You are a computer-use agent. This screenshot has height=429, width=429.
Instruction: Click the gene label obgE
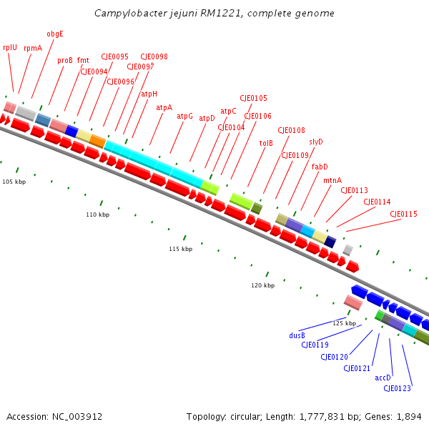click(x=55, y=34)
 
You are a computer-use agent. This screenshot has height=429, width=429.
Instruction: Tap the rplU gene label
click(x=10, y=47)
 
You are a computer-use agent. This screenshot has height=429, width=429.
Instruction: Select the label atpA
click(x=164, y=107)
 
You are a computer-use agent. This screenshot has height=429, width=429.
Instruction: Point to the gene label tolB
click(x=266, y=143)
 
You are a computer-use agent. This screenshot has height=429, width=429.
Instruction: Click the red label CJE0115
click(x=403, y=214)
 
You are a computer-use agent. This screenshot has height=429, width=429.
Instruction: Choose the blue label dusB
click(x=297, y=335)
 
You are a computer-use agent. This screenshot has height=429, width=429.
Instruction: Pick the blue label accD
click(x=383, y=378)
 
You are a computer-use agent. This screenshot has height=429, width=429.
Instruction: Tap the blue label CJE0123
click(x=397, y=388)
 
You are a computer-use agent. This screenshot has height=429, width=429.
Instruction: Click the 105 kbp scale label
click(x=14, y=182)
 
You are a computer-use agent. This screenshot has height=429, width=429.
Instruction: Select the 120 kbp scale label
click(x=262, y=285)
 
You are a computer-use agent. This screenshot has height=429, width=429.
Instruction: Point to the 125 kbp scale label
click(x=344, y=323)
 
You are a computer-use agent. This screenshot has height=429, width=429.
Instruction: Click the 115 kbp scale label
click(x=180, y=249)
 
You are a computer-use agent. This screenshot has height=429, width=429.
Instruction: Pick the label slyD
click(x=316, y=142)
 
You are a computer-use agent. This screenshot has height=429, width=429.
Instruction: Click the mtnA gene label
click(x=332, y=180)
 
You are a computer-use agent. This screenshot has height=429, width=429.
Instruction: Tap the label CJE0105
click(x=253, y=98)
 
